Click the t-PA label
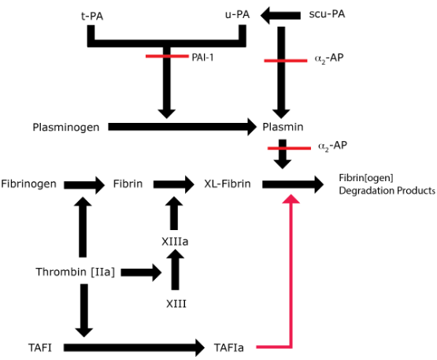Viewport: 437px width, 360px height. [92, 17]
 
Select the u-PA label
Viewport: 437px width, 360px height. [237, 14]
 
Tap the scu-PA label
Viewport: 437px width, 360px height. [327, 14]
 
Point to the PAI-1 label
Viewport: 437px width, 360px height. [202, 58]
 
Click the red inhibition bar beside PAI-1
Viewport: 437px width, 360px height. [167, 57]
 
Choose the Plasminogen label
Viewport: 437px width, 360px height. [66, 127]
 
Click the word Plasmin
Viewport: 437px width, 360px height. [283, 127]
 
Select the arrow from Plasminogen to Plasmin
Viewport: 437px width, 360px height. [182, 127]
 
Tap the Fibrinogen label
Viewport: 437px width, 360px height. [28, 184]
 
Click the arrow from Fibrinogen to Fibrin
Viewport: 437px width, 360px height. [84, 185]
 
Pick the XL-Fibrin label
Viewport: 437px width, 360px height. [228, 184]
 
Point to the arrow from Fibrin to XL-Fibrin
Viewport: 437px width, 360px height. [174, 184]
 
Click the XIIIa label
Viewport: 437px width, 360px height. [175, 242]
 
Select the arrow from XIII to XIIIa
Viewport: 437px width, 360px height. [176, 269]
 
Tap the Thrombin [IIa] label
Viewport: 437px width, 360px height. [76, 272]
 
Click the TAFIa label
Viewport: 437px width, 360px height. [229, 347]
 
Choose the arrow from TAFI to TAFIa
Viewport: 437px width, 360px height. [134, 347]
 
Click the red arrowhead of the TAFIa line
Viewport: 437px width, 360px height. [291, 199]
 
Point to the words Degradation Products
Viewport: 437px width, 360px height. [387, 191]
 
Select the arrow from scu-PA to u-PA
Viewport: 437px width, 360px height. [280, 15]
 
